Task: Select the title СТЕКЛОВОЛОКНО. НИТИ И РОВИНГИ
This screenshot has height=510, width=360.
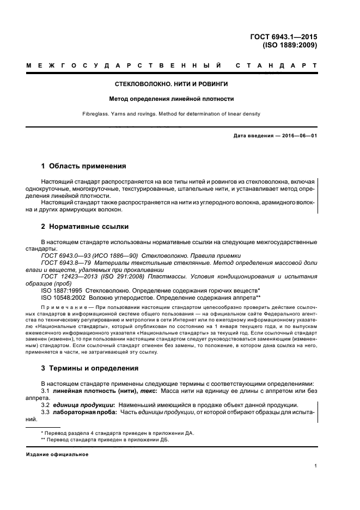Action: pyautogui.click(x=171, y=86)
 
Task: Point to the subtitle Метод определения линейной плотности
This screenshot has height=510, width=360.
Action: pyautogui.click(x=171, y=99)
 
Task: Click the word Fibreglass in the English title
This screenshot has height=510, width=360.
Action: pyautogui.click(x=109, y=114)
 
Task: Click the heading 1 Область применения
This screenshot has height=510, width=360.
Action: pyautogui.click(x=84, y=166)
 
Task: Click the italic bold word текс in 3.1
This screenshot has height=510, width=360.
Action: pyautogui.click(x=147, y=391)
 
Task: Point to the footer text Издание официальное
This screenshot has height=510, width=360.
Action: pyautogui.click(x=57, y=454)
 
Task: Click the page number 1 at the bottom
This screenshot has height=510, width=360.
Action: pyautogui.click(x=316, y=466)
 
